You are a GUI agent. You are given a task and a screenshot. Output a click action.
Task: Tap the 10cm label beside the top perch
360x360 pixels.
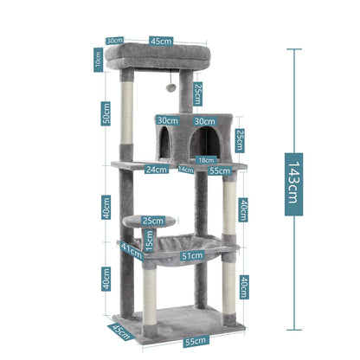pyautogui.click(x=97, y=60)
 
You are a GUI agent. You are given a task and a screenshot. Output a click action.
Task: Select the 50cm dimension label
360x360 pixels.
pyautogui.click(x=106, y=113)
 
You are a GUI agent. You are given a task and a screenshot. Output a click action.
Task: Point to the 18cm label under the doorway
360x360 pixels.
pyautogui.click(x=205, y=160)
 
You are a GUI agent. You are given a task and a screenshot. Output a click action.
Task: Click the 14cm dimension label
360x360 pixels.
pyautogui.click(x=186, y=170)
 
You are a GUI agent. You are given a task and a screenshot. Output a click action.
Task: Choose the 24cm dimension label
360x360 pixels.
pyautogui.click(x=157, y=170)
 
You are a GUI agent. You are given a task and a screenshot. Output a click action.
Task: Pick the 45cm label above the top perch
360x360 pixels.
pyautogui.click(x=158, y=39)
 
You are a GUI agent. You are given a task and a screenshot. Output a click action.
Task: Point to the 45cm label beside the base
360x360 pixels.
pyautogui.click(x=119, y=332)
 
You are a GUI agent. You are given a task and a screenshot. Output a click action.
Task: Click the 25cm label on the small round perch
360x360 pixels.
pyautogui.click(x=153, y=221)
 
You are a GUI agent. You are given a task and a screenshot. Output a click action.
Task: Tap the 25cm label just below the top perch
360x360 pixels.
pyautogui.click(x=197, y=91)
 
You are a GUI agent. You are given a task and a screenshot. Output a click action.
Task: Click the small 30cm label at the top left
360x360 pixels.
pyautogui.click(x=114, y=40)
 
